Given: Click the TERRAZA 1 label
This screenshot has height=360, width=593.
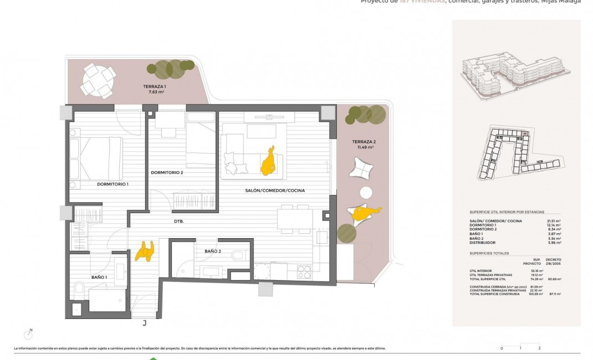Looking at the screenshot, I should pyautogui.click(x=154, y=86).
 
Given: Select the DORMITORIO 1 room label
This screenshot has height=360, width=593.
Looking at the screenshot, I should pyautogui.click(x=113, y=184).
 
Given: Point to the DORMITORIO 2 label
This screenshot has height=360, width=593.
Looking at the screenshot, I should pyautogui.click(x=167, y=172).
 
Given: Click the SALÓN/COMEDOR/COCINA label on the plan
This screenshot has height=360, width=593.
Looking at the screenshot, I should pyautogui.click(x=275, y=191).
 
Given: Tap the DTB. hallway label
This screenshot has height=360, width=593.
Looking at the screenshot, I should pyautogui.click(x=178, y=221).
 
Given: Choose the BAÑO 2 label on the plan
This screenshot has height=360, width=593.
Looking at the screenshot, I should pyautogui.click(x=213, y=251).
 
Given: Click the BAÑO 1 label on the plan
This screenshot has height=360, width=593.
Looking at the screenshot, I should pyautogui.click(x=99, y=276).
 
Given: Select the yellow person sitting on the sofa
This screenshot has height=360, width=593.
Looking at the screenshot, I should pyautogui.click(x=269, y=161).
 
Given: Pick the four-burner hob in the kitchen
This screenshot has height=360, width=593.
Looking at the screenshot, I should pyautogui.click(x=304, y=271).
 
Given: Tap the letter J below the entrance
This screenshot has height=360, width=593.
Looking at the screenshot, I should pyautogui.click(x=144, y=323).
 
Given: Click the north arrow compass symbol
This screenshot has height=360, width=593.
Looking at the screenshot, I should pyautogui.click(x=28, y=334).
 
